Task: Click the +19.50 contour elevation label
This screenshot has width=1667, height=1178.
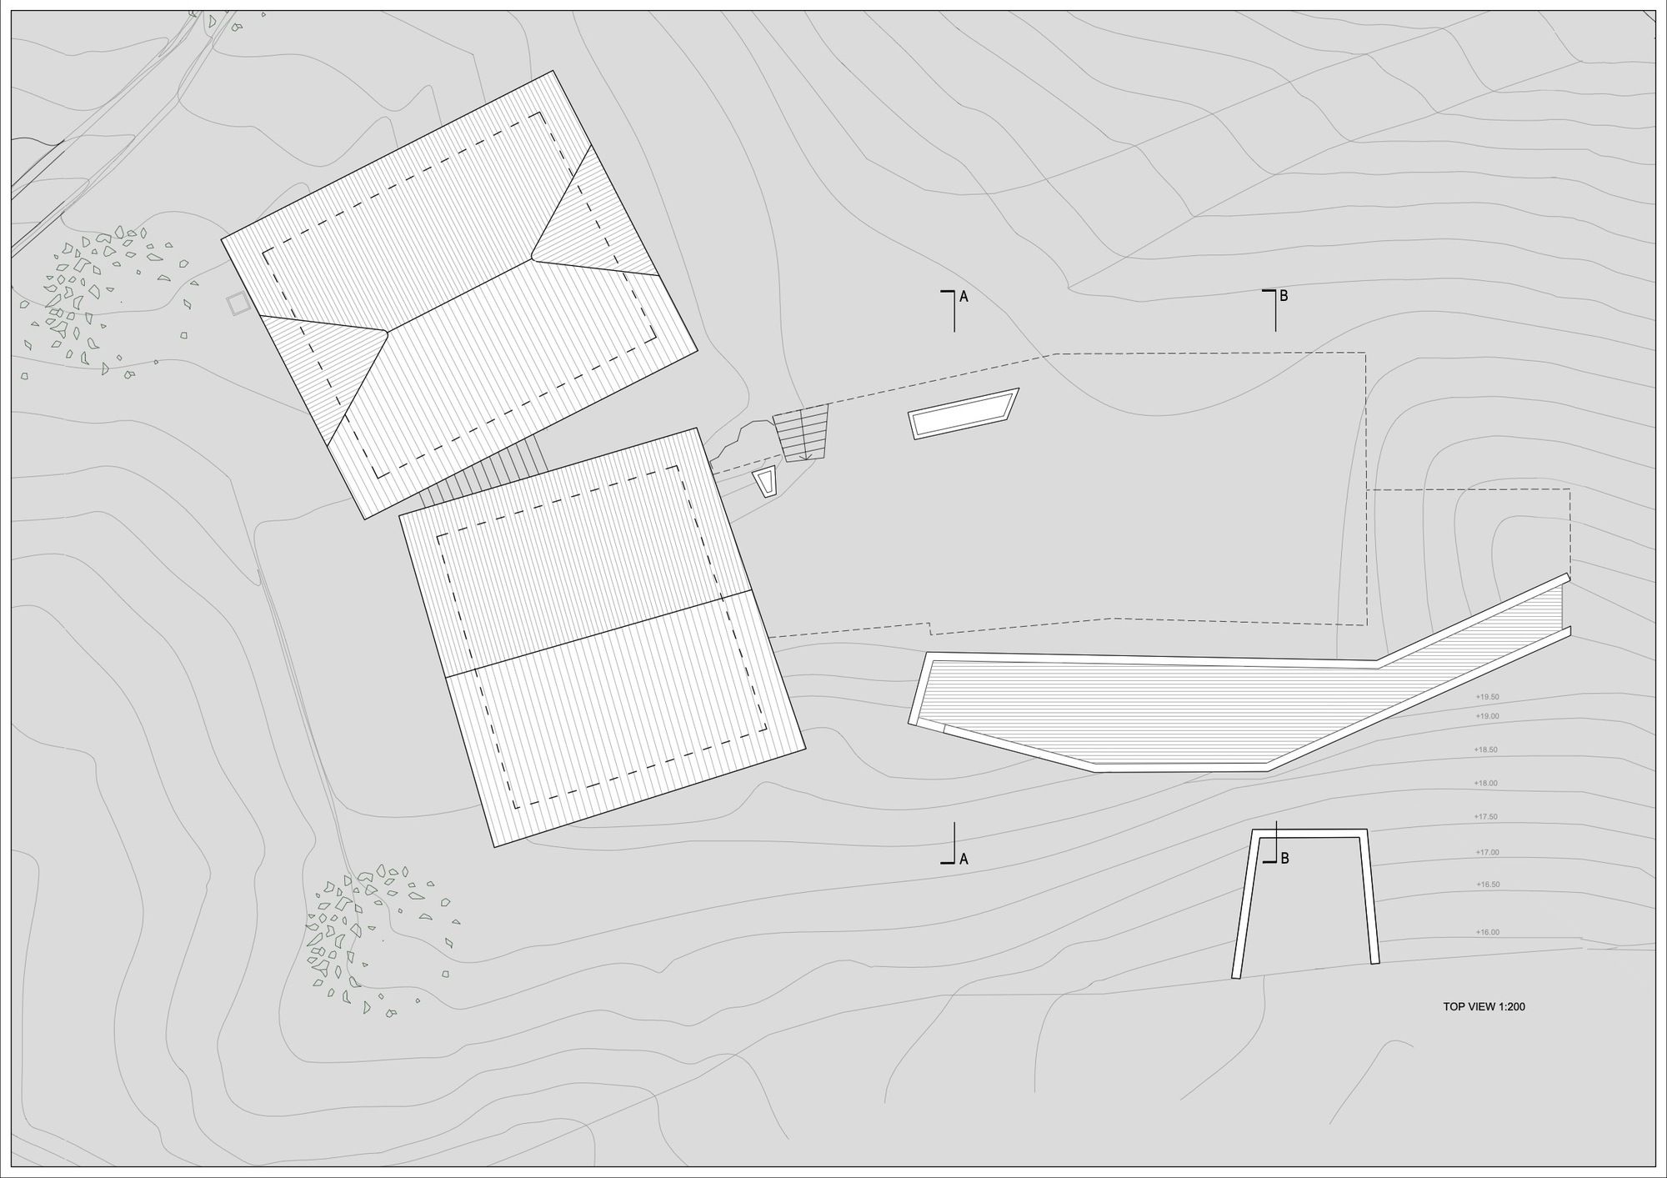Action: pyautogui.click(x=1487, y=697)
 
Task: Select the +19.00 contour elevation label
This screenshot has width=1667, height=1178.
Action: pyautogui.click(x=1487, y=716)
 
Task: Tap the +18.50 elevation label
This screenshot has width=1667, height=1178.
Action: pyautogui.click(x=1485, y=749)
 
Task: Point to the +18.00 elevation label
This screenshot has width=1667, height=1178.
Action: pyautogui.click(x=1485, y=784)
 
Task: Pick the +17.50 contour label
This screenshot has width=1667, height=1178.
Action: pyautogui.click(x=1485, y=817)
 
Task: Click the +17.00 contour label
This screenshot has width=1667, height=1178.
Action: pyautogui.click(x=1487, y=853)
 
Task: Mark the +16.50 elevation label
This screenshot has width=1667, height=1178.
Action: pyautogui.click(x=1488, y=885)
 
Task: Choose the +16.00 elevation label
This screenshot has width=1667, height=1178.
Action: pyautogui.click(x=1487, y=932)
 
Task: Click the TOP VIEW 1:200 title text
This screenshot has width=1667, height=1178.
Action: pyautogui.click(x=1484, y=1006)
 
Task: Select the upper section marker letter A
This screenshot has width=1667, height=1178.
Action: pyautogui.click(x=964, y=296)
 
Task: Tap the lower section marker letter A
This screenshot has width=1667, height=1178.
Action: pyautogui.click(x=964, y=859)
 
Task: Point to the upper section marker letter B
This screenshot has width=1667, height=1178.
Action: pyautogui.click(x=1284, y=295)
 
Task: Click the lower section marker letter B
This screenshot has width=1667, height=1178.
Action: pyautogui.click(x=1284, y=858)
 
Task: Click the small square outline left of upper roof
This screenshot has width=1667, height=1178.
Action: pyautogui.click(x=238, y=303)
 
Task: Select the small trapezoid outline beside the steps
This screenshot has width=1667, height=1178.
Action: pyautogui.click(x=765, y=482)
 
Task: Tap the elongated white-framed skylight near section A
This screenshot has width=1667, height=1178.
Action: pyautogui.click(x=964, y=414)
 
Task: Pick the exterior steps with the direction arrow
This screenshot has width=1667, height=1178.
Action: pyautogui.click(x=801, y=433)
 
